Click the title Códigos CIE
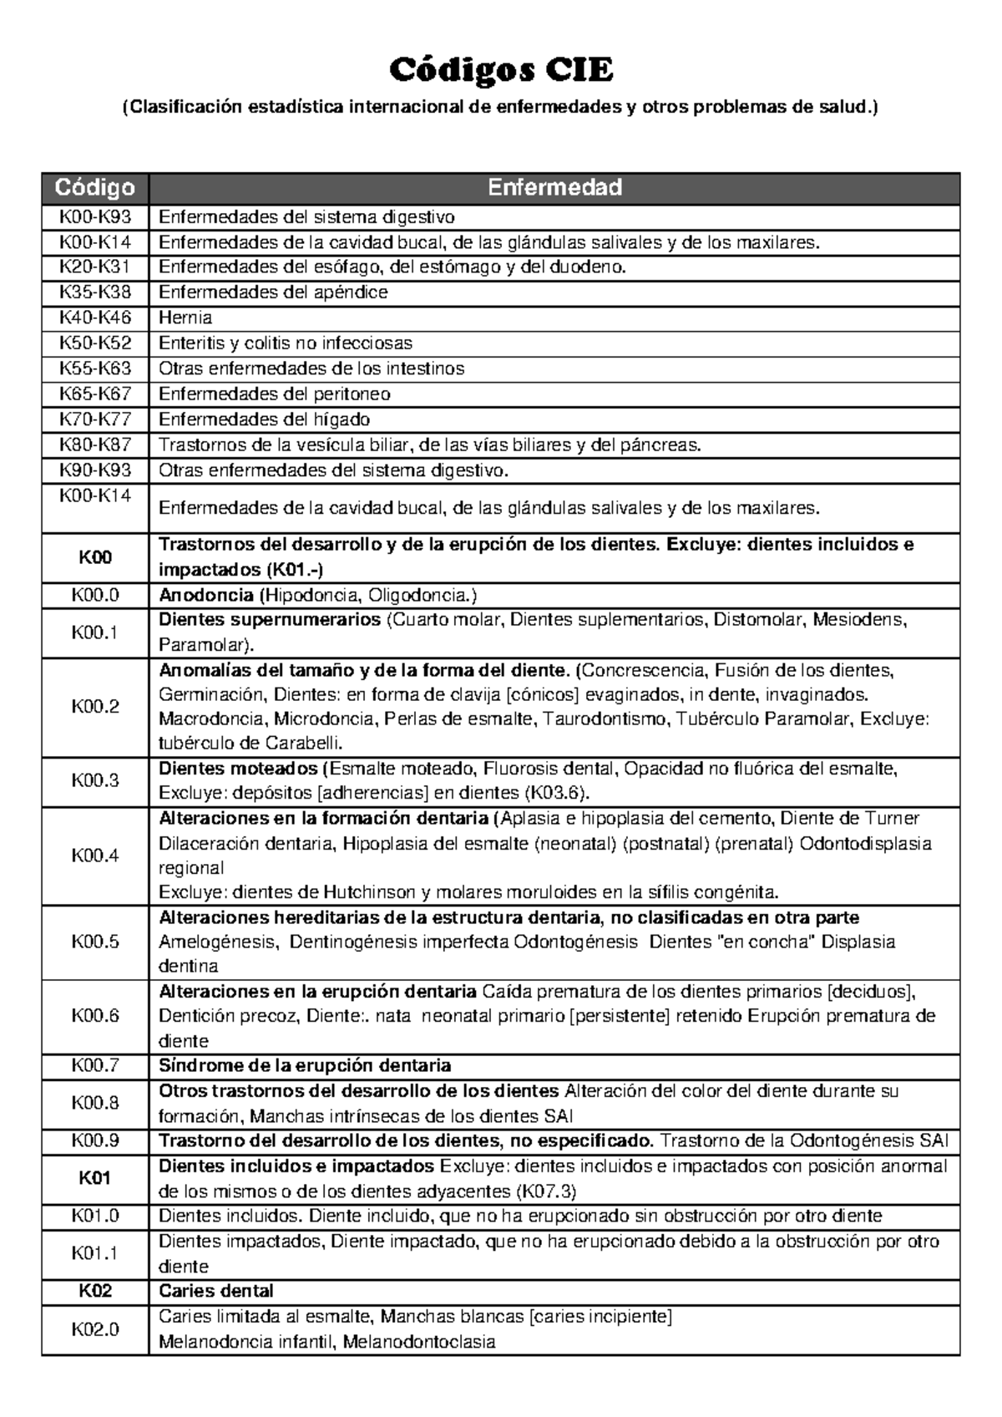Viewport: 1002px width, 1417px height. [501, 71]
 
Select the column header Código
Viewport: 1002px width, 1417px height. [94, 187]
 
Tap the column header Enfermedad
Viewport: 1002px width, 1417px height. [554, 187]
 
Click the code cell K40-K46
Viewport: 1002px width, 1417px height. [94, 317]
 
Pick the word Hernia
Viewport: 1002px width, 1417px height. [185, 317]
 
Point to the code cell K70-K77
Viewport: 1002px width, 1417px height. [94, 419]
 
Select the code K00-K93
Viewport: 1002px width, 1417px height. [94, 217]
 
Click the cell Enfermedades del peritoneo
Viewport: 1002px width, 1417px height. [275, 394]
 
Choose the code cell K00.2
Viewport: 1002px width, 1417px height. [94, 707]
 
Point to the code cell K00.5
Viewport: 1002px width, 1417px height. [94, 942]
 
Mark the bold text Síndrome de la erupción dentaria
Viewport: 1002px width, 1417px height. [305, 1066]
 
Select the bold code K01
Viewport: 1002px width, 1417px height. [94, 1178]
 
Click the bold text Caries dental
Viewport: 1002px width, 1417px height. [216, 1291]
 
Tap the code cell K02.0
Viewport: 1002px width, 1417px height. [94, 1328]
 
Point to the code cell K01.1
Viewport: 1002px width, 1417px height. [94, 1253]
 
